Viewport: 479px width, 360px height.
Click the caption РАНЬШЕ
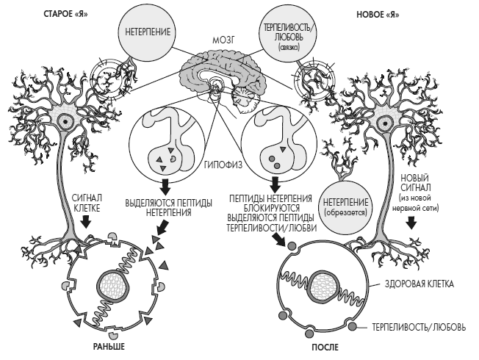[107, 345]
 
